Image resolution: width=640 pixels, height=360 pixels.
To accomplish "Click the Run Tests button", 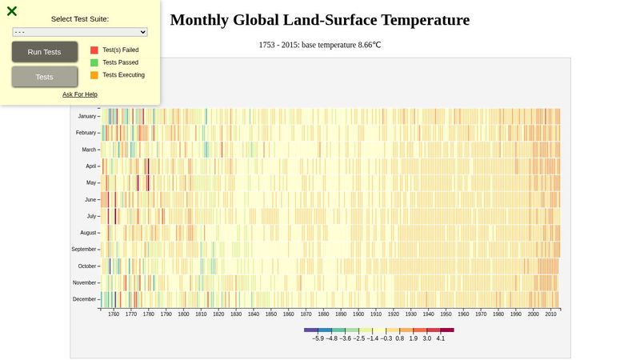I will (45, 52).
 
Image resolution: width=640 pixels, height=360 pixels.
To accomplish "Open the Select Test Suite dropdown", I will (80, 32).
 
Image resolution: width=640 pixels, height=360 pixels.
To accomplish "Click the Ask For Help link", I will (80, 94).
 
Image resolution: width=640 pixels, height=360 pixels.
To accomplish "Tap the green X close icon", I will (12, 11).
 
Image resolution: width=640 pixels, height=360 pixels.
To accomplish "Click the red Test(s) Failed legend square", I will (94, 50).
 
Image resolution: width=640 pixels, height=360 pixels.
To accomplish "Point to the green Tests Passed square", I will (94, 62).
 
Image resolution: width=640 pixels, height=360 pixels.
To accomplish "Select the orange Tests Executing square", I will (94, 75).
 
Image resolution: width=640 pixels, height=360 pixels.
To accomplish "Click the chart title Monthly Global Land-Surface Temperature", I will (320, 20).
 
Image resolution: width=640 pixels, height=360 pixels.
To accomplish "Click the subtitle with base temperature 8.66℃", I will (320, 45).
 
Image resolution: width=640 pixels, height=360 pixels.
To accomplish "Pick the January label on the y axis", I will (86, 116).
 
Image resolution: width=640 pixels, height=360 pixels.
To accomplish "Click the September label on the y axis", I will (82, 250).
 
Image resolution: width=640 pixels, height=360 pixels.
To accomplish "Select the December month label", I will (84, 299).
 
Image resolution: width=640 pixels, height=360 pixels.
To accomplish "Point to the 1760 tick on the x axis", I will (114, 314).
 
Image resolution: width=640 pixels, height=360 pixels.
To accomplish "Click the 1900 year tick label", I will (358, 314).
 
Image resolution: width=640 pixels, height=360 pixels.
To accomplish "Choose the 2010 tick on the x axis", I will (551, 314).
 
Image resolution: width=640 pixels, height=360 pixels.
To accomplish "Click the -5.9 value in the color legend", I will (318, 338).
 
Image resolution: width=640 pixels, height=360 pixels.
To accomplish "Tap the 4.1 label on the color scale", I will (440, 338).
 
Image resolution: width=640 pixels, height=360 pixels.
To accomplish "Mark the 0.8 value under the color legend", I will (399, 338).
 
